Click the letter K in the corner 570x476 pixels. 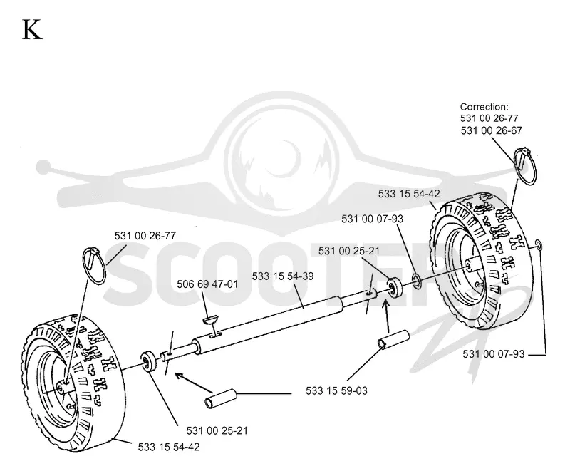point(32,29)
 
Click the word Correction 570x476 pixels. point(484,107)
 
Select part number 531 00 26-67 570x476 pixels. point(491,130)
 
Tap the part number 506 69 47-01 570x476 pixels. point(207,284)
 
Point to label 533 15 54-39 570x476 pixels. point(283,276)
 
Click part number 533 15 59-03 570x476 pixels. point(336,390)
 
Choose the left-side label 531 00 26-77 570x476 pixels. point(145,236)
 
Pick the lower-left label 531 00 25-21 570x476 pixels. point(217,430)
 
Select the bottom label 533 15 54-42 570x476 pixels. point(169,447)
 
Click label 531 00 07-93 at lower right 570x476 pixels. point(493,354)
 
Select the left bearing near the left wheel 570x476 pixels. point(149,362)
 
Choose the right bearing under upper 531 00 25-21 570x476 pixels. point(394,287)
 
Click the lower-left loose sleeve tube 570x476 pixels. point(221,398)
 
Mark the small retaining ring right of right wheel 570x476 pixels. point(539,245)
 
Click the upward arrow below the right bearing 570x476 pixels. point(388,315)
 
